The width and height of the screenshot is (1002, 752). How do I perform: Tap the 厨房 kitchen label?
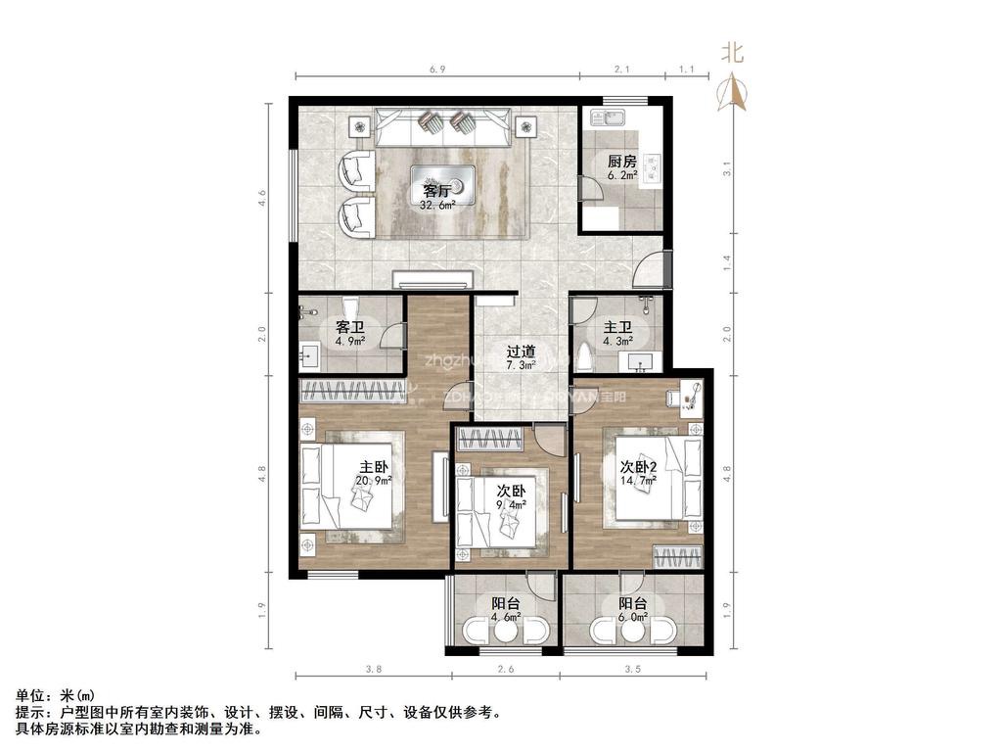[x=622, y=162]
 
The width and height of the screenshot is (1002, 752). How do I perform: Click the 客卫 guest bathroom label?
[x=350, y=327]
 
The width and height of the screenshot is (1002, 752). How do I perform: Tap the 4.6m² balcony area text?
[x=506, y=618]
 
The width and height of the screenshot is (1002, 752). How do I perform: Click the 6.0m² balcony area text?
[x=633, y=618]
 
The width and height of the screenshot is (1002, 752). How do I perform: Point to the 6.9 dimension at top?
[x=437, y=70]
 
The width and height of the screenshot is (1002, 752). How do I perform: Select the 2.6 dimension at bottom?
[x=503, y=670]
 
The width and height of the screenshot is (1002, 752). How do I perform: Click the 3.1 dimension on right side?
[x=726, y=167]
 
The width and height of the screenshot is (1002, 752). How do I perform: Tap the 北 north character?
[x=732, y=53]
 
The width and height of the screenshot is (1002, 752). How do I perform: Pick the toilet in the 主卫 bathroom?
[x=585, y=355]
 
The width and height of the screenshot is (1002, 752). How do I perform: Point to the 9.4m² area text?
[x=512, y=505]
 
